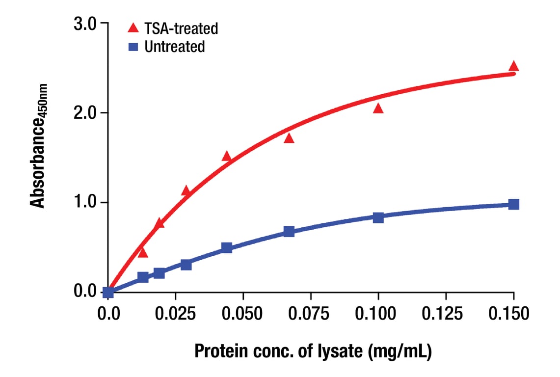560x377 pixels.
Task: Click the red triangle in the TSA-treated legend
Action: tap(133, 28)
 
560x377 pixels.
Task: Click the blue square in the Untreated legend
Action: tap(133, 47)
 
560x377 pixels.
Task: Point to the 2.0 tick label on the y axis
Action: tap(85, 113)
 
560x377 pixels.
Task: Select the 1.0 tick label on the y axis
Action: tap(85, 203)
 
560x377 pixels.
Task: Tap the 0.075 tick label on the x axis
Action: tap(310, 313)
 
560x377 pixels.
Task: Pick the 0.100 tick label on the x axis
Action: tap(378, 313)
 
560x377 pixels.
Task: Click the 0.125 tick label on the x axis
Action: tap(446, 313)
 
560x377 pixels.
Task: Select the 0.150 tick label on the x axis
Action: tap(513, 313)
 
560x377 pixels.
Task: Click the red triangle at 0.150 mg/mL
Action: tap(513, 67)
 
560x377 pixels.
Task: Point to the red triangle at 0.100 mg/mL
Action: tap(378, 108)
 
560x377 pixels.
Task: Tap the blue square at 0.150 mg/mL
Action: tap(513, 204)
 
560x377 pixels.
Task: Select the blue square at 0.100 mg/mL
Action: tap(378, 217)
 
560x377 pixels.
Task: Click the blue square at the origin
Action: tap(108, 293)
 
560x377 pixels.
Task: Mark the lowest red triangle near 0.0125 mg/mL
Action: tap(143, 253)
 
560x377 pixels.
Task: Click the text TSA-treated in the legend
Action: tap(181, 28)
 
